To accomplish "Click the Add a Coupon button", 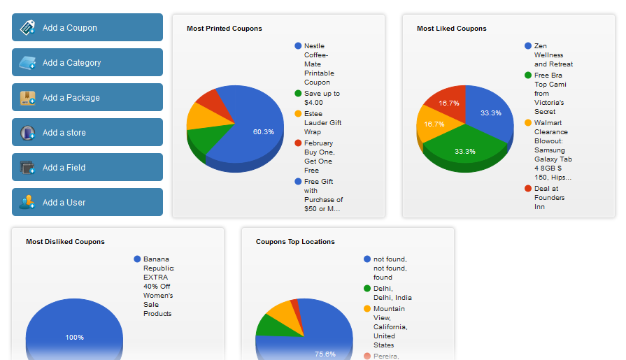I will [x=87, y=28].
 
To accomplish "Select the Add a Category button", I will [x=87, y=63].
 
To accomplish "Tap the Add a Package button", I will [x=87, y=98].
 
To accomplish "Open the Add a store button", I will [x=87, y=133].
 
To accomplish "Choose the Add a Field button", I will [x=87, y=168].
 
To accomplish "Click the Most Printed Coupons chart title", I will [x=225, y=29].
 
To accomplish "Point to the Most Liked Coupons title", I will [x=452, y=29].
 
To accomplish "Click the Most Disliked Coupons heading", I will [x=65, y=242].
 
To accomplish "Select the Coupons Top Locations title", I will [x=295, y=242].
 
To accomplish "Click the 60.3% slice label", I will [x=264, y=131].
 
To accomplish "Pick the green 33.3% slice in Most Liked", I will [x=464, y=151].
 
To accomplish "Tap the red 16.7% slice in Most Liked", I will [x=449, y=103].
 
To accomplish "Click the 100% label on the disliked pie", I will [x=75, y=338].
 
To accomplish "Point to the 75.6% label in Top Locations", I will [x=325, y=354].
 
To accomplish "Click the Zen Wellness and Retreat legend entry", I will [x=553, y=55].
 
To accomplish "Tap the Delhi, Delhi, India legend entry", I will [x=392, y=293].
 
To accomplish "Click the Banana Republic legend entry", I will [x=159, y=287].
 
